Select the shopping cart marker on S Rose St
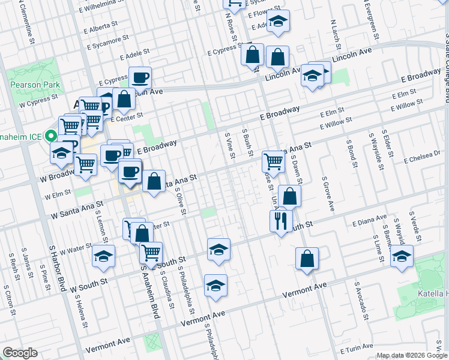point(273,161)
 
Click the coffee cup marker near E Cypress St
point(140,77)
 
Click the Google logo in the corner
point(20,353)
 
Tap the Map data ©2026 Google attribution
point(412,355)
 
